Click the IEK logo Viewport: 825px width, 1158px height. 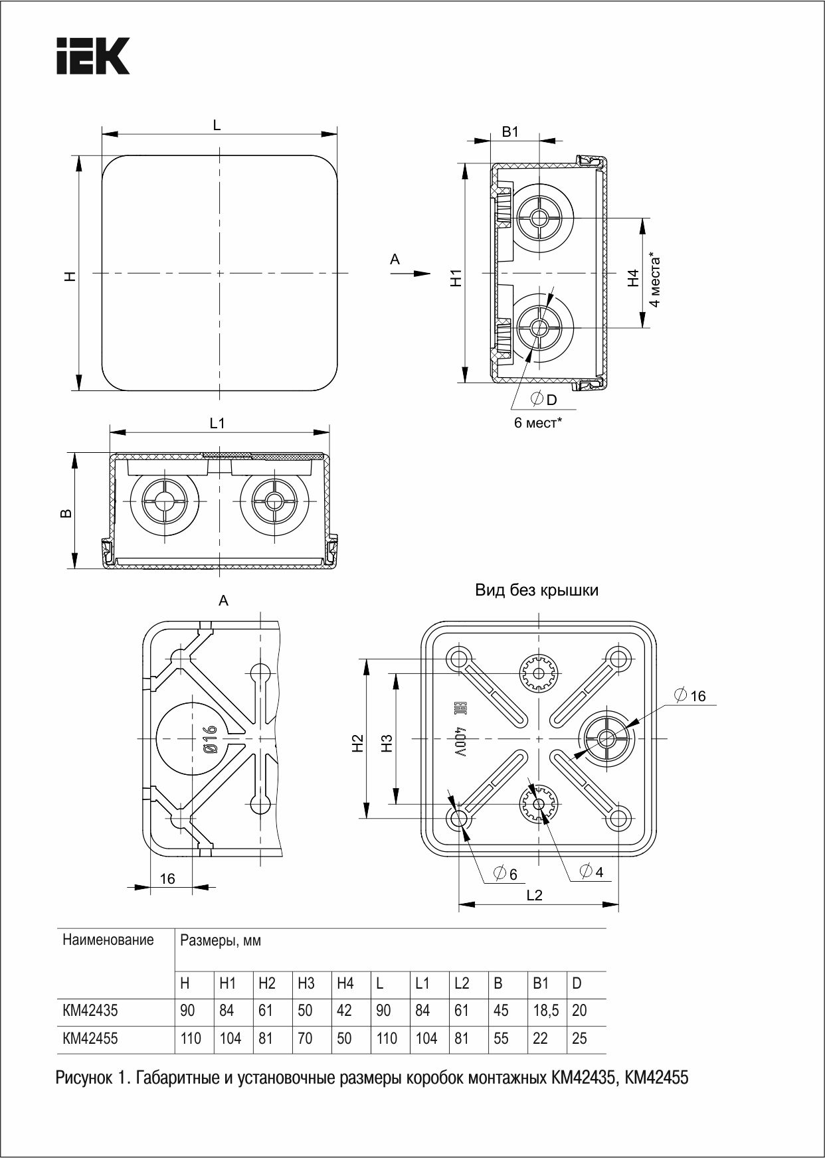pos(92,56)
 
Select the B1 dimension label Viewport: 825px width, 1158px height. pos(510,131)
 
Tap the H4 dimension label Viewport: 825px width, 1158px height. pos(633,278)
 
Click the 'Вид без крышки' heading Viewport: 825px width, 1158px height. pos(536,590)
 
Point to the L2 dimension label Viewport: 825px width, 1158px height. pos(534,894)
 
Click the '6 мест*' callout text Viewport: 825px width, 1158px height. pos(537,422)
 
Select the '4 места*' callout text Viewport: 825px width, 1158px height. pos(655,279)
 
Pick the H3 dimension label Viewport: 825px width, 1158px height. pos(387,742)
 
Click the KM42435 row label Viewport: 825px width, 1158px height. pos(90,1010)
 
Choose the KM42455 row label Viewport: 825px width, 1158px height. pos(90,1038)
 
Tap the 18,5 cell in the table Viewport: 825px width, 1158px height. pos(545,1010)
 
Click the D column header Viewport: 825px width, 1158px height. pos(577,983)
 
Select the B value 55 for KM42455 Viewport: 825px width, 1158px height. pos(501,1038)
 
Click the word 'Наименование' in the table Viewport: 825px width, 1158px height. pos(108,940)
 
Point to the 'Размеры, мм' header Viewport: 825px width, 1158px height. pos(221,940)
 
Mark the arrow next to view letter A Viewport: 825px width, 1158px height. pos(420,273)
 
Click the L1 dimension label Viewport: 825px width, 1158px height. pos(217,422)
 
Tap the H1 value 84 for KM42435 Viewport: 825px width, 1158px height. pos(227,1010)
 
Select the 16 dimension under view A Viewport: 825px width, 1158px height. pos(167,878)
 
